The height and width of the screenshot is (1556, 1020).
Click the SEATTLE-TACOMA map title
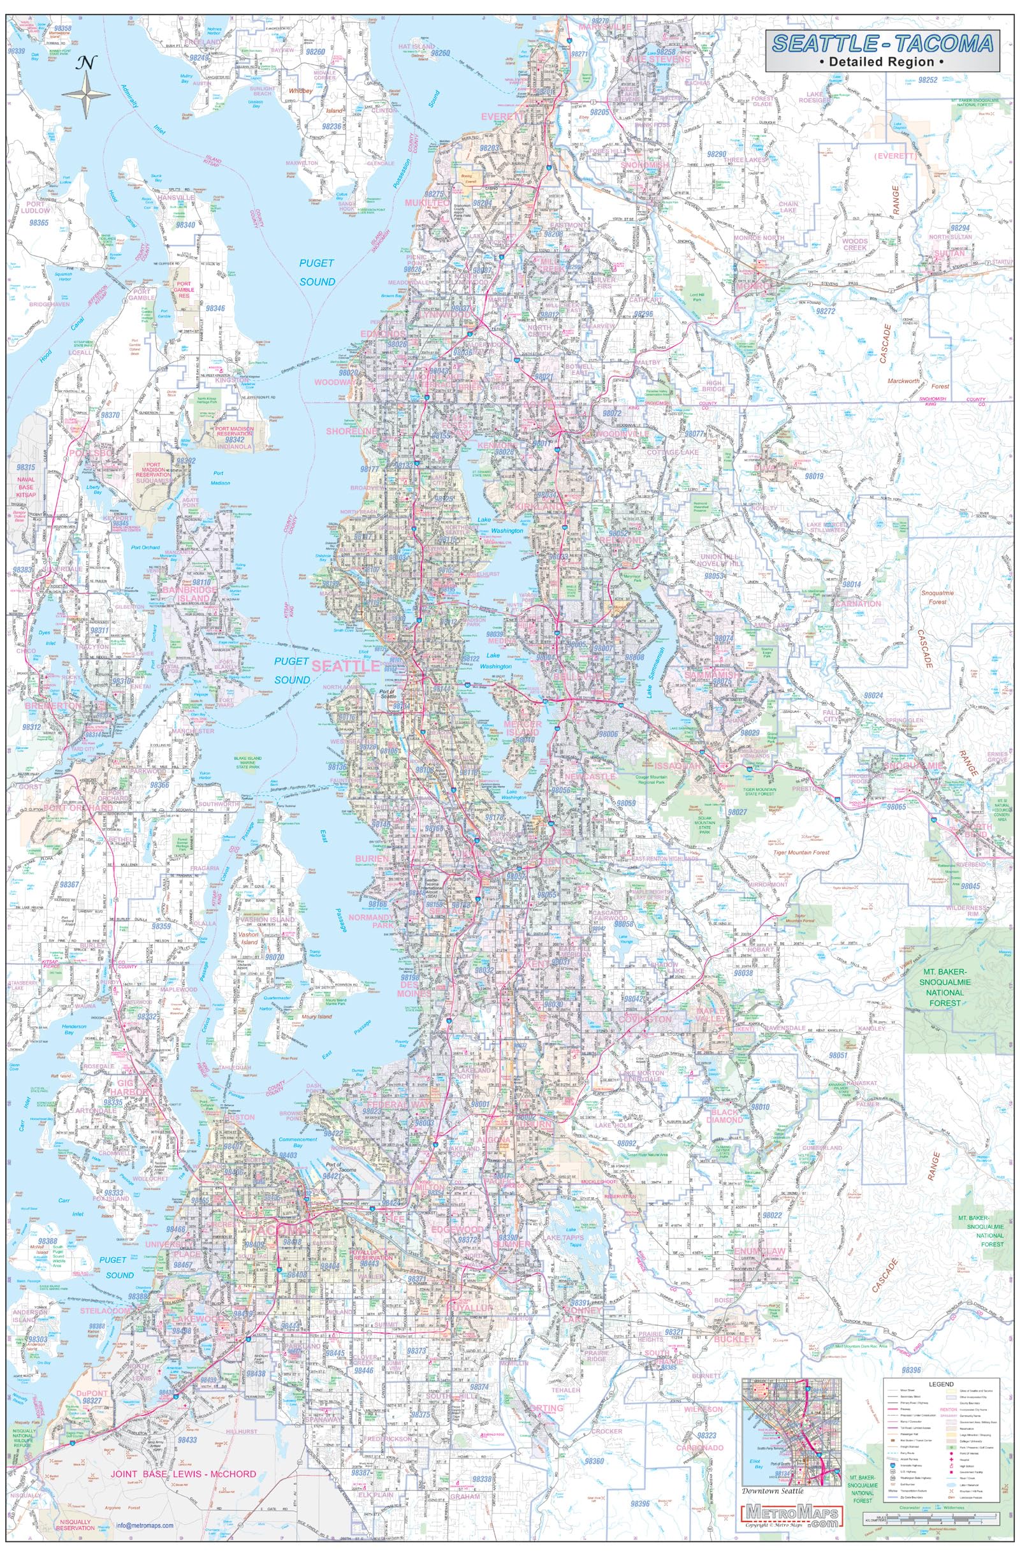point(882,43)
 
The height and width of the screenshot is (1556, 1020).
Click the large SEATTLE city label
point(347,666)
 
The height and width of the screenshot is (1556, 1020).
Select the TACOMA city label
point(277,1230)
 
